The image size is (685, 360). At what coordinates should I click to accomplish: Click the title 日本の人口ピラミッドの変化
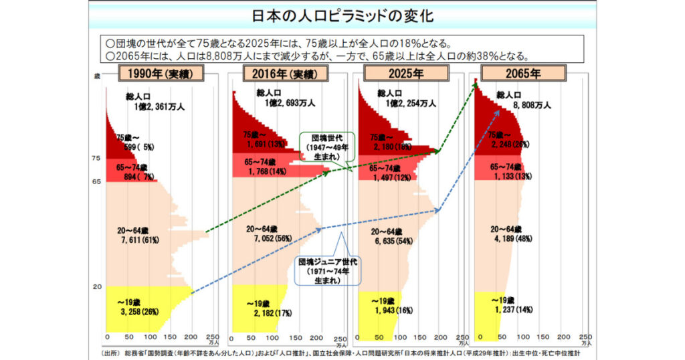coord(342,16)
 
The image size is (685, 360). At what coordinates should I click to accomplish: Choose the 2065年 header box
coord(523,74)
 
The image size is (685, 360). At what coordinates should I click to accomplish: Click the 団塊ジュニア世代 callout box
coord(327,270)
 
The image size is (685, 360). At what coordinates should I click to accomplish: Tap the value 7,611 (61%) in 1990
coord(136,240)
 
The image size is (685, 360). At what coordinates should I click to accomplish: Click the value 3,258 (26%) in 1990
coord(136,311)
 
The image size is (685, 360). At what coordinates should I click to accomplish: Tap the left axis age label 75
coord(96,158)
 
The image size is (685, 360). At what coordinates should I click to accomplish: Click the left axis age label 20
coord(96,287)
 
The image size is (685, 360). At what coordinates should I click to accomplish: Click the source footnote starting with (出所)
coord(341,353)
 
